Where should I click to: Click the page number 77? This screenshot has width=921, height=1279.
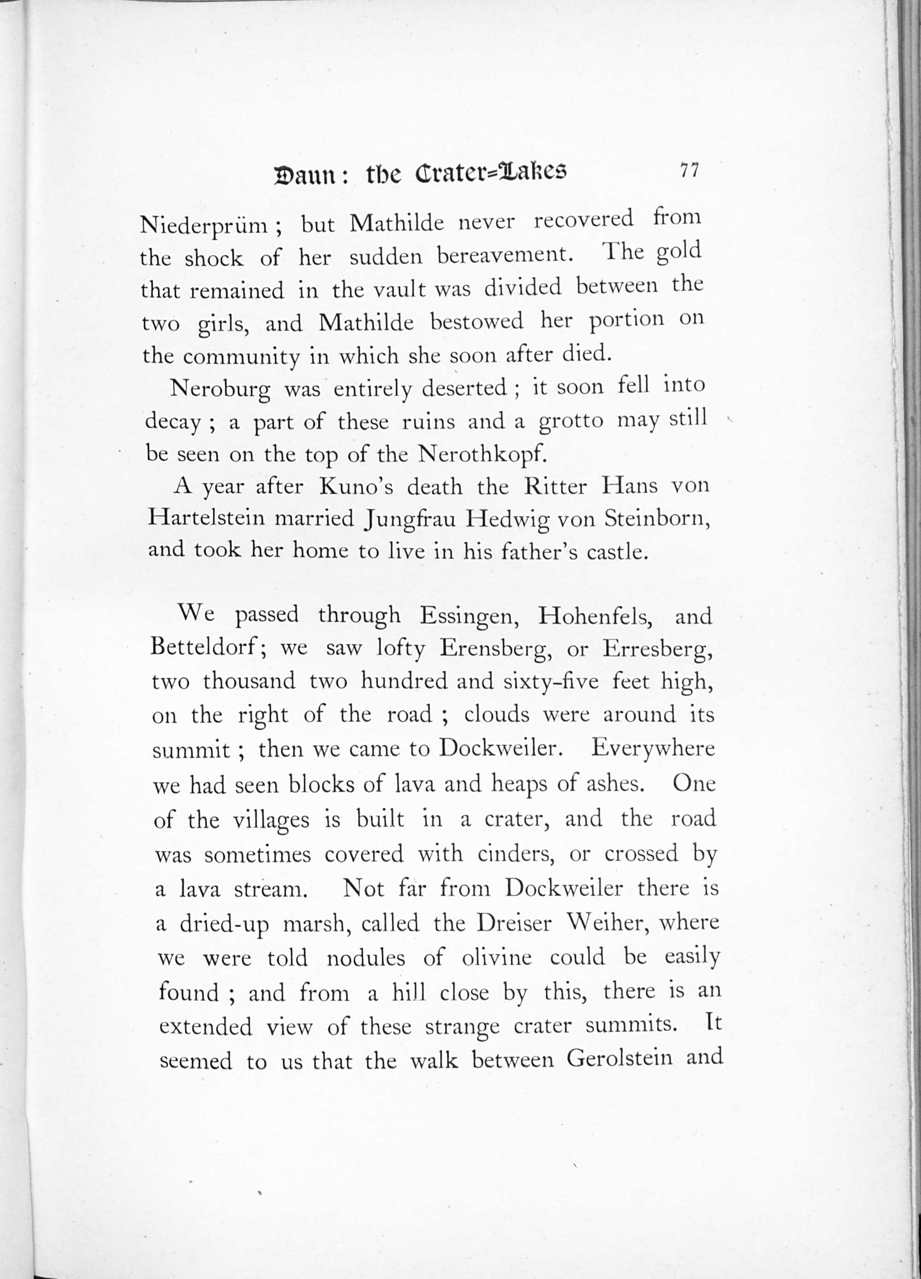point(689,170)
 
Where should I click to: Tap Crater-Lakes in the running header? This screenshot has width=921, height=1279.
point(490,173)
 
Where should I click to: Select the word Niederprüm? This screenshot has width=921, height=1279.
point(203,226)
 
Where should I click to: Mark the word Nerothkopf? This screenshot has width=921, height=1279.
point(483,455)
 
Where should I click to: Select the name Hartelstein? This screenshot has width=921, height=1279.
point(206,519)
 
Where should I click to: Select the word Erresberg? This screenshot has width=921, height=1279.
point(658,650)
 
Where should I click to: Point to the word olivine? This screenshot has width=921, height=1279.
point(496,958)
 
